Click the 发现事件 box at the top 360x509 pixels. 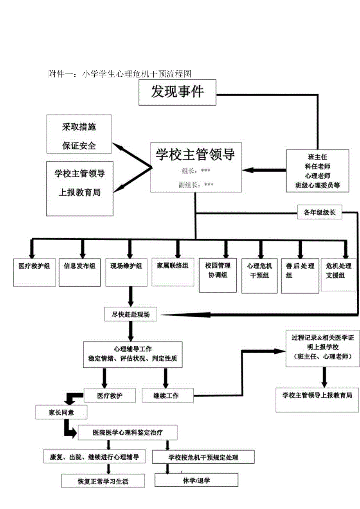coord(177,92)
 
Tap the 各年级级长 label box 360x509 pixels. coord(319,213)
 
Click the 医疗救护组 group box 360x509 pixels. coord(34,272)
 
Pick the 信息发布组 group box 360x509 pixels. coord(79,272)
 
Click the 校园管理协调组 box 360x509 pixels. coord(218,275)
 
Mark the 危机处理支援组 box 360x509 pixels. coord(338,274)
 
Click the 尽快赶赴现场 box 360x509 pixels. coord(130,314)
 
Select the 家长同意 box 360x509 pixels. coord(61,412)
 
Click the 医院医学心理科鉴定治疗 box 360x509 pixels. coord(128,433)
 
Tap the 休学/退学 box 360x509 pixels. coord(196,480)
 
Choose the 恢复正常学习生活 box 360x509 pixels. coord(103,481)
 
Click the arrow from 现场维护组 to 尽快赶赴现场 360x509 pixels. coord(130,297)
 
